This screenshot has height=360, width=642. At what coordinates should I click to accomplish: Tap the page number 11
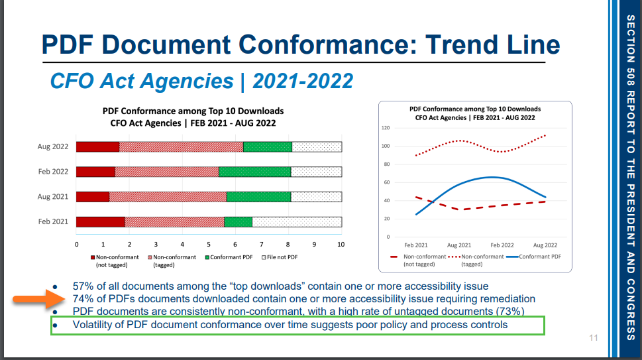click(x=593, y=339)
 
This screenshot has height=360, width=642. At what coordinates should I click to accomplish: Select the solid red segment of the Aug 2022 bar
click(x=97, y=147)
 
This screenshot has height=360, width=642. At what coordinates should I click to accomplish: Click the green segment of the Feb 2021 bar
click(x=238, y=222)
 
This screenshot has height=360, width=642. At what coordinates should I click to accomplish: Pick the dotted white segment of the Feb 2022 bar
click(x=316, y=172)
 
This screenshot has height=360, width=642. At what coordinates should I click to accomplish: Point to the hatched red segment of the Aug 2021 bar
click(x=168, y=197)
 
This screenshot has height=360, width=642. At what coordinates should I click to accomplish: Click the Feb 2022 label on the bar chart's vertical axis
click(x=53, y=172)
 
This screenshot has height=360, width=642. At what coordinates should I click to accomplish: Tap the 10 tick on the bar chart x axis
click(x=341, y=245)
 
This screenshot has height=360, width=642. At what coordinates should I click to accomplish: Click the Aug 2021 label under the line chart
click(x=459, y=245)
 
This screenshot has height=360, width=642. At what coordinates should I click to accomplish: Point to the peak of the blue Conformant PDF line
click(x=490, y=177)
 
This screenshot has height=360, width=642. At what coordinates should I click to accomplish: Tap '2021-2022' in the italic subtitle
click(x=303, y=81)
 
